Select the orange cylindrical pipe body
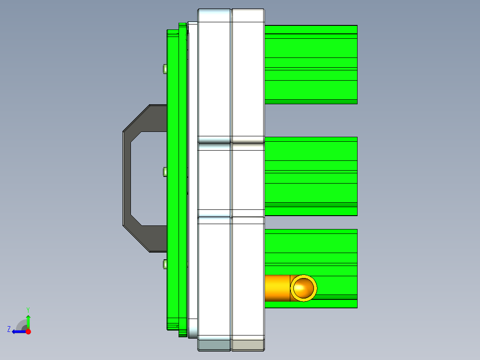tap(277, 288)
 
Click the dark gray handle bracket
tap(127, 178)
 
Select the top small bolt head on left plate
tap(165, 69)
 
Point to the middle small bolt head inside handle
tap(165, 172)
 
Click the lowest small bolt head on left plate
tap(165, 265)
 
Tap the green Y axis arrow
tap(28, 320)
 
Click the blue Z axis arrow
tap(18, 331)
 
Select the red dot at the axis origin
tap(28, 331)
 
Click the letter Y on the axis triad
tap(28, 309)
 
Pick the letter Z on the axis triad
tap(9, 329)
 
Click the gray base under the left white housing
tap(214, 345)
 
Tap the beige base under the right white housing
tap(248, 345)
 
